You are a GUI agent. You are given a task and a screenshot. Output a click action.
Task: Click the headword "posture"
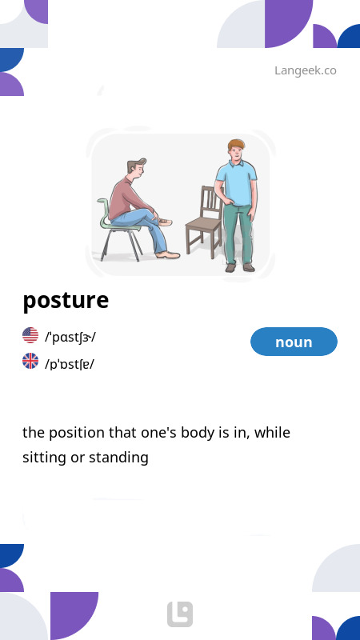[66, 301]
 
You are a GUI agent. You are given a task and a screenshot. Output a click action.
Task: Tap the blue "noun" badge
[294, 342]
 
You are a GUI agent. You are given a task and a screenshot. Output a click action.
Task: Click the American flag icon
[30, 335]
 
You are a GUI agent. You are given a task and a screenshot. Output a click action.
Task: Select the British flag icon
[30, 361]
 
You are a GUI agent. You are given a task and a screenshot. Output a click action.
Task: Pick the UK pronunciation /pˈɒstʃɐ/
[70, 364]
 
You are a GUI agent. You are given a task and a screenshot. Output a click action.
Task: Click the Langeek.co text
[305, 70]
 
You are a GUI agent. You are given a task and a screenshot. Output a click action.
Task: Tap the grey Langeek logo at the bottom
[180, 614]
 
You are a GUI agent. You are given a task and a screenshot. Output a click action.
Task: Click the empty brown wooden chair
[204, 224]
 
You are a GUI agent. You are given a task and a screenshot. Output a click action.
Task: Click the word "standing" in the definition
[119, 458]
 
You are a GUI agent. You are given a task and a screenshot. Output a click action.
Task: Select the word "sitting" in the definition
[46, 458]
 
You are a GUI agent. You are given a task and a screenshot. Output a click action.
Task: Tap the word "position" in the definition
[82, 433]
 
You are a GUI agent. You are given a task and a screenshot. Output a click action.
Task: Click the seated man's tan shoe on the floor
[168, 254]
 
